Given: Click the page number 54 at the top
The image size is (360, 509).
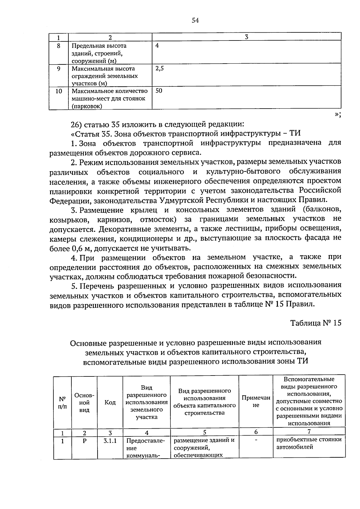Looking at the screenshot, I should pos(195,20).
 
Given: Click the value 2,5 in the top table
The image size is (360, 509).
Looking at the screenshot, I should pos(160,69).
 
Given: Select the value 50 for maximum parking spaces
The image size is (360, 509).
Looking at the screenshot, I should pos(159,91).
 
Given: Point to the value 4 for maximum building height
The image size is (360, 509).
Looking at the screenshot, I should pos(157,46).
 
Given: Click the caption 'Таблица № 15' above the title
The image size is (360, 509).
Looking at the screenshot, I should pos(316,323).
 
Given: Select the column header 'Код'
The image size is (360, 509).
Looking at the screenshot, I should pos(110,403).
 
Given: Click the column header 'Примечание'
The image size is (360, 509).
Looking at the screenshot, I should pos(256,401).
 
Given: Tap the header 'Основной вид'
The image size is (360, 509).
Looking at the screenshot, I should pos(84,403).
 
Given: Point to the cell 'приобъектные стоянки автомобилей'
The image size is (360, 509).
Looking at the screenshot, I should pos(309,443).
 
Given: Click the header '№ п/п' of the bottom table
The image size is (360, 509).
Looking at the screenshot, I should pos(62,403).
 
